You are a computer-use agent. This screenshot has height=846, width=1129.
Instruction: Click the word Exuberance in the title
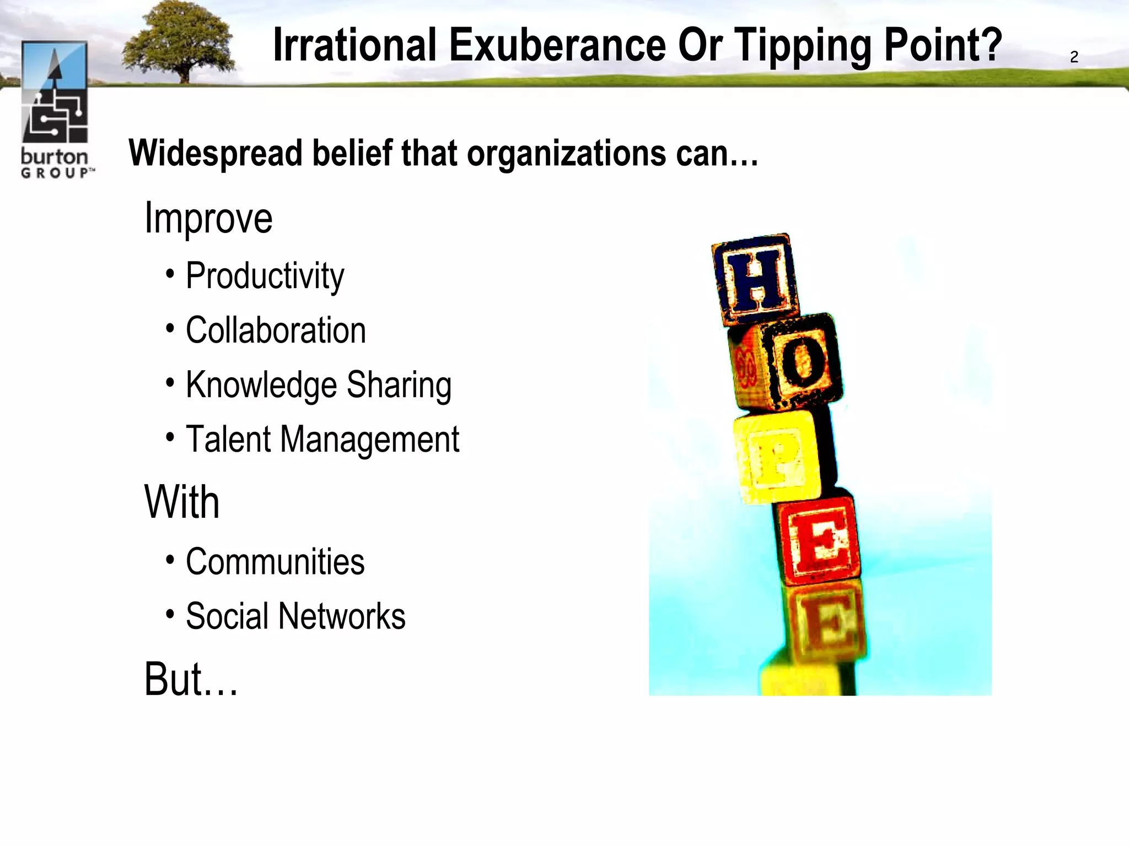(x=557, y=45)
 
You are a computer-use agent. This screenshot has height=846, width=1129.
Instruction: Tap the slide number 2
(x=1074, y=57)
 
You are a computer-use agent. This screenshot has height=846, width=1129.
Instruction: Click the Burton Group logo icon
(x=55, y=92)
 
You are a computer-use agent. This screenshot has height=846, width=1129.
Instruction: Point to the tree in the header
(x=179, y=43)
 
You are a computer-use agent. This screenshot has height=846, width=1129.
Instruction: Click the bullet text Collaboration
(x=276, y=330)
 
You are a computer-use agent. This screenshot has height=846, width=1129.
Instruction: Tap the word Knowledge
(x=261, y=385)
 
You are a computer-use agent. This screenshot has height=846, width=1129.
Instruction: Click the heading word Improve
(x=208, y=219)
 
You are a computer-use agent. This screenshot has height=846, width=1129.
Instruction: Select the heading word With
(x=182, y=502)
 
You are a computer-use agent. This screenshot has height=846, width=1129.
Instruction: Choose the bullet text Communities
(x=275, y=562)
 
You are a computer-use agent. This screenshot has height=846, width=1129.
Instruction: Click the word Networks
(x=342, y=616)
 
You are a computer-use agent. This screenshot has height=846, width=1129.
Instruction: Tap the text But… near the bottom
(x=191, y=679)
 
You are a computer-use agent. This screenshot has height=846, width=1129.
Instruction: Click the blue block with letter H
(x=755, y=279)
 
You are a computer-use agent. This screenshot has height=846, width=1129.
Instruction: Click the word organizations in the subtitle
(x=566, y=154)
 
